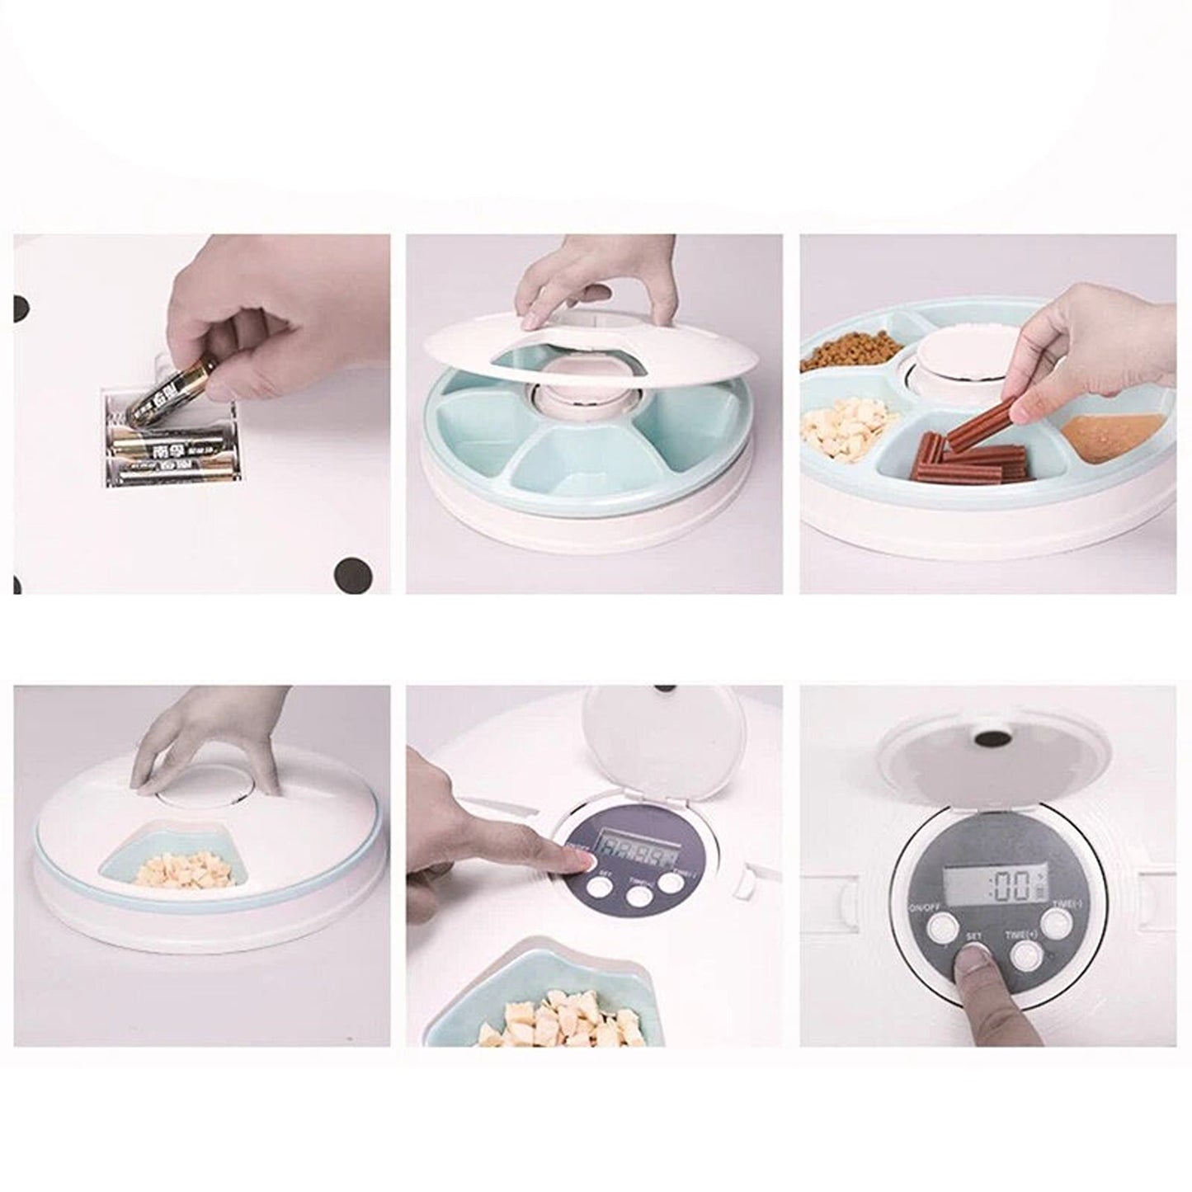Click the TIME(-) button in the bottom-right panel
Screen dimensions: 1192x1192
[1056, 922]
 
